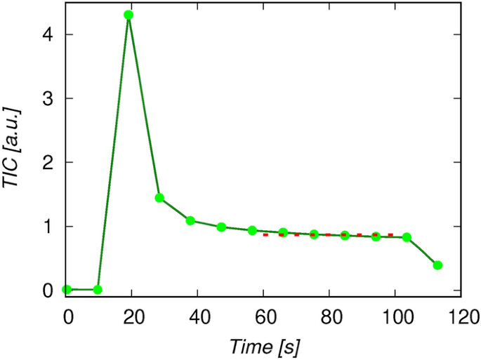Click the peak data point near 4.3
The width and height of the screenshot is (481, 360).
[x=129, y=15]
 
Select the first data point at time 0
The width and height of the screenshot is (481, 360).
[x=67, y=289]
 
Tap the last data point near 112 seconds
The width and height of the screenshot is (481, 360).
[x=437, y=265]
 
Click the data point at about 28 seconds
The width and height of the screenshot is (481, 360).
[x=159, y=198]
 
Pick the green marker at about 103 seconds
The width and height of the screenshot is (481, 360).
[x=407, y=237]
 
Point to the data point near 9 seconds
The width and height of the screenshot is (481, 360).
[x=98, y=289]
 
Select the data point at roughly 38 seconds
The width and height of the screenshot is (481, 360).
[x=190, y=220]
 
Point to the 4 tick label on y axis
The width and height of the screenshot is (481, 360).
[x=50, y=34]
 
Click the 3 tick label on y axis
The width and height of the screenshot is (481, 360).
[x=50, y=98]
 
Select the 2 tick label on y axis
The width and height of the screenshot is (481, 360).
[x=50, y=162]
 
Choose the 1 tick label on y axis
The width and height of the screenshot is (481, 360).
[x=50, y=227]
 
